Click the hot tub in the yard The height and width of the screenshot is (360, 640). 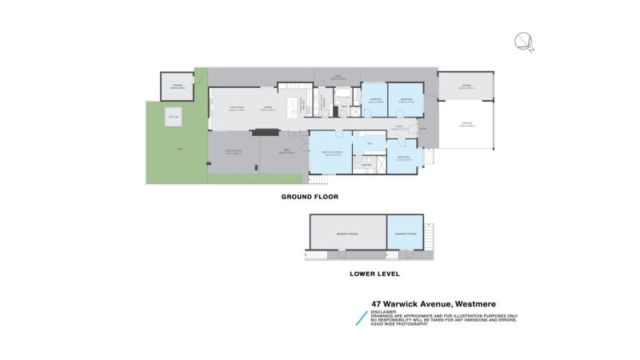click(171, 119)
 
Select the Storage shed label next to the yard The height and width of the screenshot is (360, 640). click(178, 87)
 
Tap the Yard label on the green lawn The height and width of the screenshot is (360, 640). click(179, 150)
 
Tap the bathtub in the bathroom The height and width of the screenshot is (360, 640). click(342, 98)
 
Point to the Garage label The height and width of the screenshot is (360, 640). click(466, 86)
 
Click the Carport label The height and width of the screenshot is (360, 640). click(466, 124)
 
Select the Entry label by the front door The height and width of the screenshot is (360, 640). click(423, 129)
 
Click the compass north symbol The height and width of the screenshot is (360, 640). click(523, 41)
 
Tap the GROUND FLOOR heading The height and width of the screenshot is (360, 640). click(310, 196)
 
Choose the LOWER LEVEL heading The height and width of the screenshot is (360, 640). click(374, 274)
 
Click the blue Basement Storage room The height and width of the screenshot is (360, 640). click(405, 233)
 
